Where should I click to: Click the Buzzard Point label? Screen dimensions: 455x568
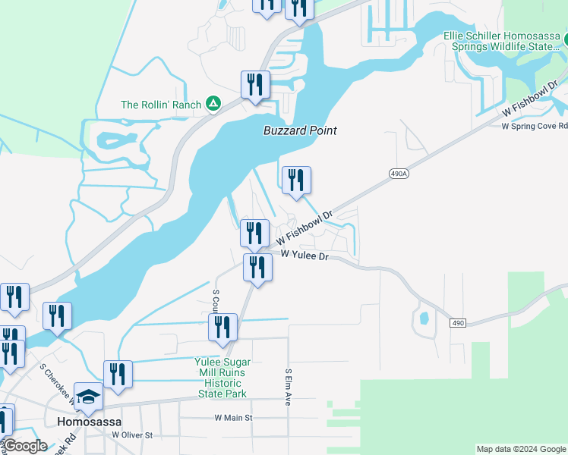point(300,130)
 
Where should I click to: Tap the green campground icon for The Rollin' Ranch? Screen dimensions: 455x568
point(214,104)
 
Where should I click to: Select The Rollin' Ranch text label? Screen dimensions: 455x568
point(161,105)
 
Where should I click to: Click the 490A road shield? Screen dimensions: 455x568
point(399,174)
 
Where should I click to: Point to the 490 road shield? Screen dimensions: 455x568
point(457,323)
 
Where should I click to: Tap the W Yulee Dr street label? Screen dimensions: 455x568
point(304,257)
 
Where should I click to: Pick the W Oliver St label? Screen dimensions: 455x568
point(132,435)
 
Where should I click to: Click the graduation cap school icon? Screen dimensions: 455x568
point(89,396)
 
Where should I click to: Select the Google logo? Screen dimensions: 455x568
point(24,446)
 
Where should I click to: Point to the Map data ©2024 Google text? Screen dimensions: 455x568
point(520,449)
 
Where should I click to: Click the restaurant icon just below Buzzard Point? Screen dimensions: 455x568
point(296,180)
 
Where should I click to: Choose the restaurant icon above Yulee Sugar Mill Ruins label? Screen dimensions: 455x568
point(223,327)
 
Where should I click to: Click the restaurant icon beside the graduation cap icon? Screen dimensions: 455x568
point(118,374)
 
